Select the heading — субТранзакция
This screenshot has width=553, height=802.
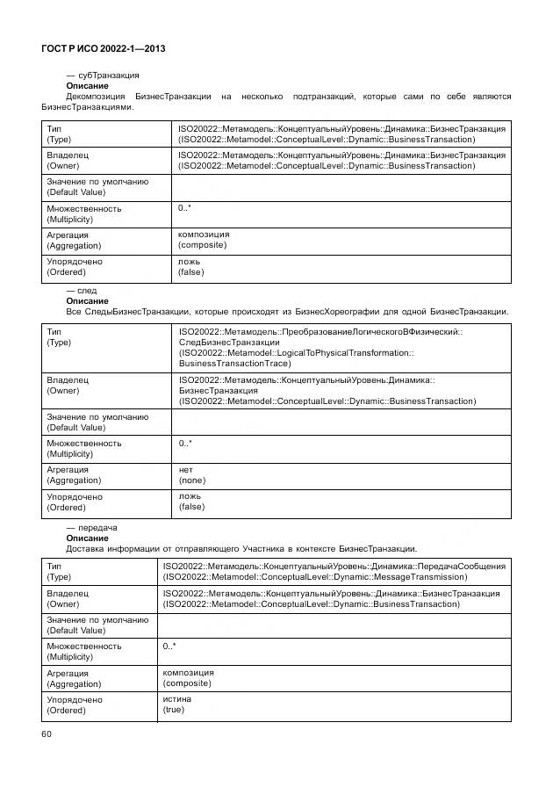(x=103, y=76)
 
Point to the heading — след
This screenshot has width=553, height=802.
(x=82, y=290)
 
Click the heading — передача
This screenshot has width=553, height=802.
(x=91, y=527)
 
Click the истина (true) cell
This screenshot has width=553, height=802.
(x=174, y=704)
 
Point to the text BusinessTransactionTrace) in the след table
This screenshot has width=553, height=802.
(x=234, y=363)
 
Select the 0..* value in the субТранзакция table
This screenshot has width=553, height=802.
(x=185, y=208)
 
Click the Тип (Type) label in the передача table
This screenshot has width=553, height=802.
(x=58, y=572)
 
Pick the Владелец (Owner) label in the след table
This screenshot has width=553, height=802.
(x=68, y=385)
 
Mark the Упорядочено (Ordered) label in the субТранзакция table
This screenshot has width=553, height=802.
(x=74, y=267)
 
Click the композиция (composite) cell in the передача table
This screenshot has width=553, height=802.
(x=188, y=677)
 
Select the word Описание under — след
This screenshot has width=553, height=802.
(x=87, y=300)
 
